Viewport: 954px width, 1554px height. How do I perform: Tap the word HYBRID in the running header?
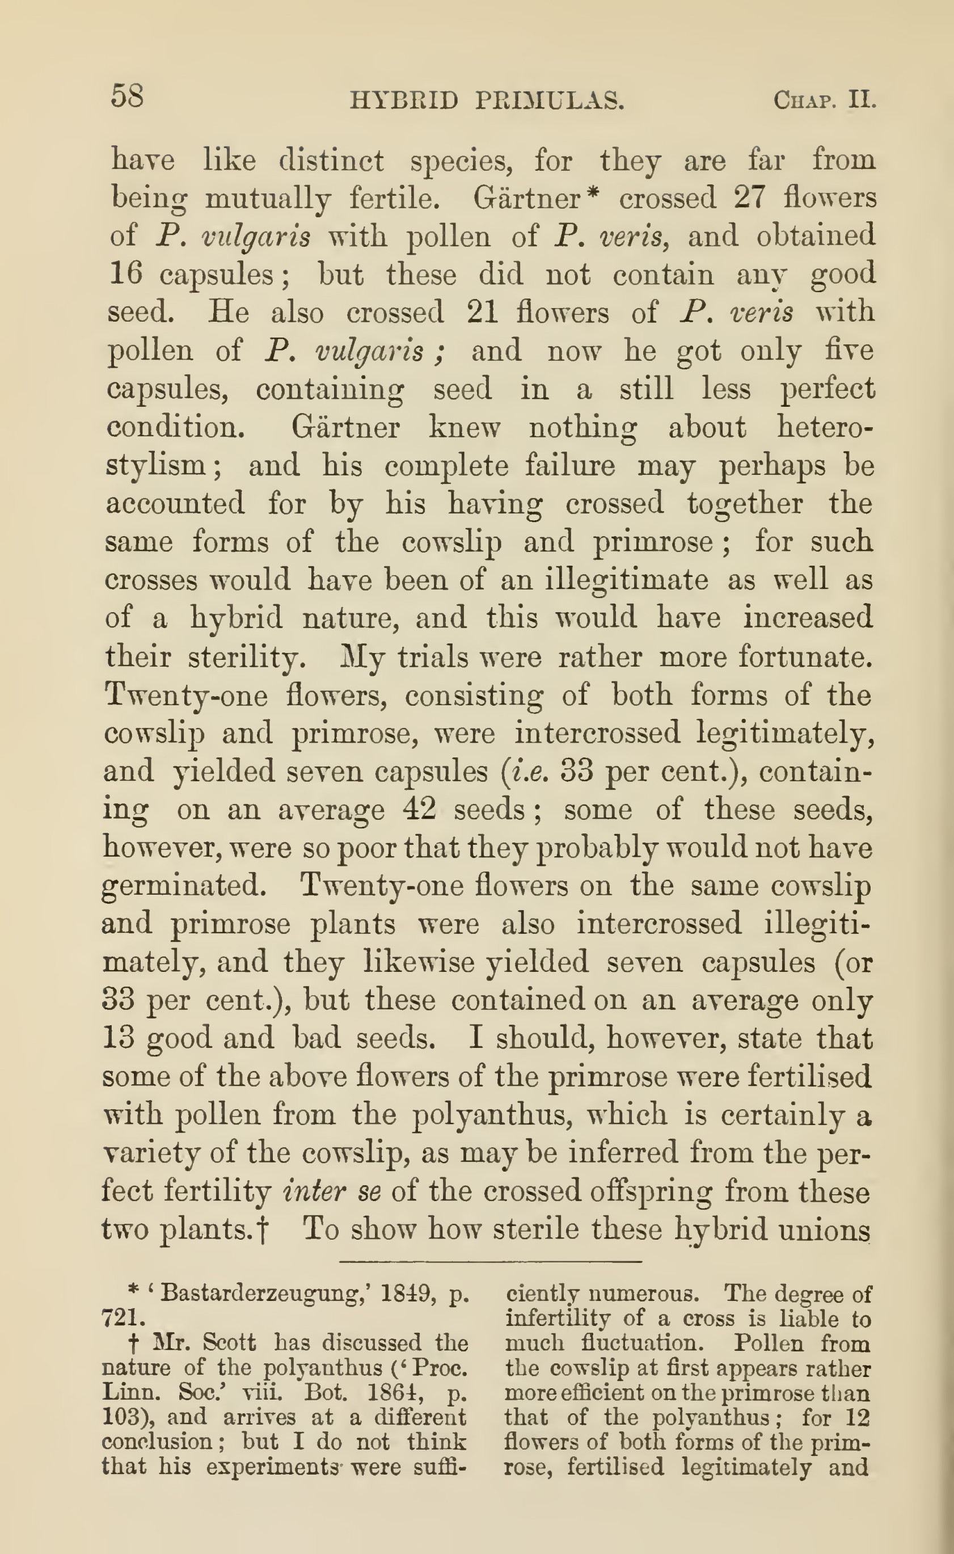404,101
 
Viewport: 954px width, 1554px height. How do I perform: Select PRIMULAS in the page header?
550,101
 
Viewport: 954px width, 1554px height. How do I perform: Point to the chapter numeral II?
863,100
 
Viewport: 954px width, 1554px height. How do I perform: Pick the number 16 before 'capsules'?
125,274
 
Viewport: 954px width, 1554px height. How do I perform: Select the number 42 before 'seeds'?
420,809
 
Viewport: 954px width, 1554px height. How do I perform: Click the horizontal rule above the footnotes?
489,1262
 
